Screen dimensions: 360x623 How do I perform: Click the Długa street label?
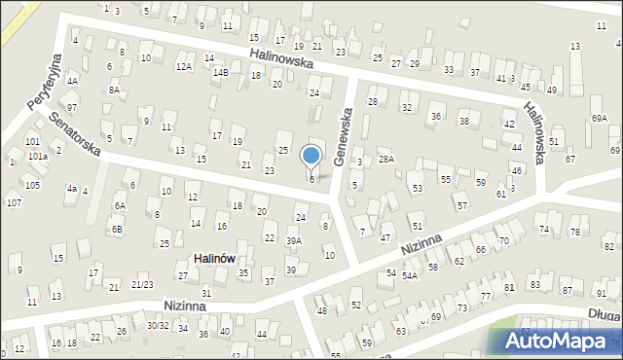coord(603,314)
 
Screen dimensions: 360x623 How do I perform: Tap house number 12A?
coord(183,66)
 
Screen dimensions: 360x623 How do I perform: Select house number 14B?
coord(221,72)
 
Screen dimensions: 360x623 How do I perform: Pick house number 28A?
coord(386,159)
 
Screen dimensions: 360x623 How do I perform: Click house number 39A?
coord(294,240)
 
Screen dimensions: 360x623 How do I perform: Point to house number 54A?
coord(410,276)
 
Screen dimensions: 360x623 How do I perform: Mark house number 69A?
coord(598,118)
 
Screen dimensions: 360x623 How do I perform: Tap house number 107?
coord(14,202)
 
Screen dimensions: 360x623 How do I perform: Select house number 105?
coord(32,185)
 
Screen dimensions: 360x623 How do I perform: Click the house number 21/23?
coord(142,284)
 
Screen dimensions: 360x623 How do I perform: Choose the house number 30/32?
coord(157,325)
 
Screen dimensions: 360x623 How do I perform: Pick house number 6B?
coord(116,229)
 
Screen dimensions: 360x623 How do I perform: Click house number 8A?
coord(114,90)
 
